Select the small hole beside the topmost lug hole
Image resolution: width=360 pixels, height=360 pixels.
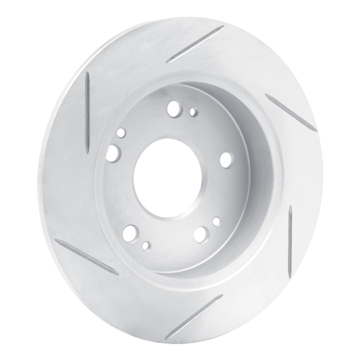tap(193, 111)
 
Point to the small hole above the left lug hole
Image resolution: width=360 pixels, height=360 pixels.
tap(121, 133)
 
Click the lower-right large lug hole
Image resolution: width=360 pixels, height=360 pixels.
tap(201, 233)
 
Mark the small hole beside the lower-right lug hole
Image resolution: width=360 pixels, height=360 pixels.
tap(216, 221)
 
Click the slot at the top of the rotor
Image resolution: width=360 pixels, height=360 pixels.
tap(195, 44)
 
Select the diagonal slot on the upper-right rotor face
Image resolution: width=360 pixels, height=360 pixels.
tap(291, 112)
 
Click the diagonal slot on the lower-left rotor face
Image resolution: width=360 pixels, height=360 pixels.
tap(89, 257)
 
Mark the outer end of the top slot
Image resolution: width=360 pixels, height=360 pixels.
tap(223, 27)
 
